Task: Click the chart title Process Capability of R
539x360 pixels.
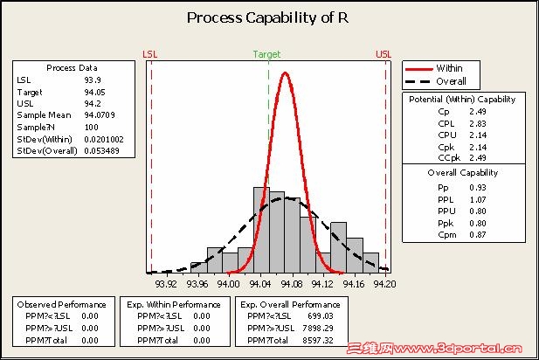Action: pos(269,18)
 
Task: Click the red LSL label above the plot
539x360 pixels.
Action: pos(150,54)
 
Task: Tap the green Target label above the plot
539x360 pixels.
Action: pos(266,54)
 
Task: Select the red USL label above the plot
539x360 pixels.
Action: pos(384,54)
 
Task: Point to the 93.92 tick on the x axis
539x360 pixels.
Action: pos(166,283)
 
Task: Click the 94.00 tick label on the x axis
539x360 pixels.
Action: pos(228,283)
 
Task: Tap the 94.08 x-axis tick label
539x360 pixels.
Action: pos(291,283)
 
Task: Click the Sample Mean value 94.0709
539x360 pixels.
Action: pos(99,114)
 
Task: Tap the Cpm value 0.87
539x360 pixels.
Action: pos(477,234)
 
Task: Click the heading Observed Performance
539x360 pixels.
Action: pos(60,304)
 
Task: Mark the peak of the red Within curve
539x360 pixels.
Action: pos(285,73)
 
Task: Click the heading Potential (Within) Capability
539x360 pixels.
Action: pos(461,100)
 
